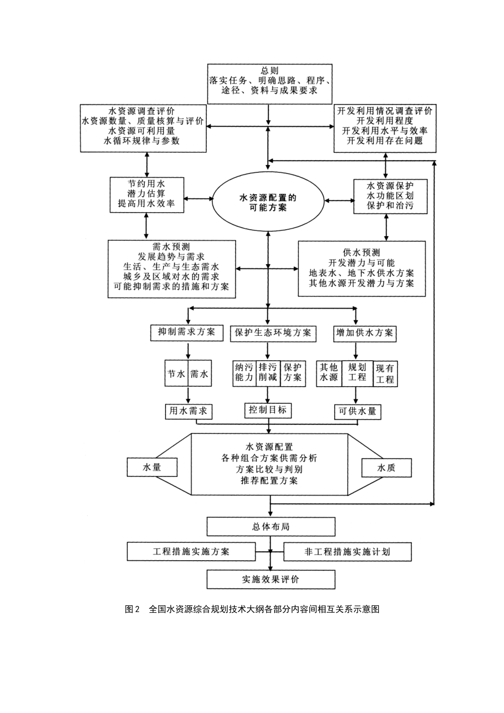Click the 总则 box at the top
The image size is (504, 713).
click(x=270, y=83)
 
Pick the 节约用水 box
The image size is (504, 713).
click(x=146, y=195)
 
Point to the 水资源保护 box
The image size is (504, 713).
click(x=390, y=196)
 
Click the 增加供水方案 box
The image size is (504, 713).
click(x=365, y=333)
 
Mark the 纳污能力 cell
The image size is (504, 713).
click(x=244, y=372)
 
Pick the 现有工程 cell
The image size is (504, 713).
click(x=386, y=374)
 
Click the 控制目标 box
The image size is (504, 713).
click(x=268, y=410)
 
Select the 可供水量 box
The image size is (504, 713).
click(x=357, y=412)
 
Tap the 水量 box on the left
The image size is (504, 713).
click(x=152, y=467)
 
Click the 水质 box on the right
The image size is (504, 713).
click(x=386, y=467)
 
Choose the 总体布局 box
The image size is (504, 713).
click(x=271, y=527)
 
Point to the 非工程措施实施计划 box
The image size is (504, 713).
click(x=347, y=552)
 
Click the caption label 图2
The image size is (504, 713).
click(x=132, y=610)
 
